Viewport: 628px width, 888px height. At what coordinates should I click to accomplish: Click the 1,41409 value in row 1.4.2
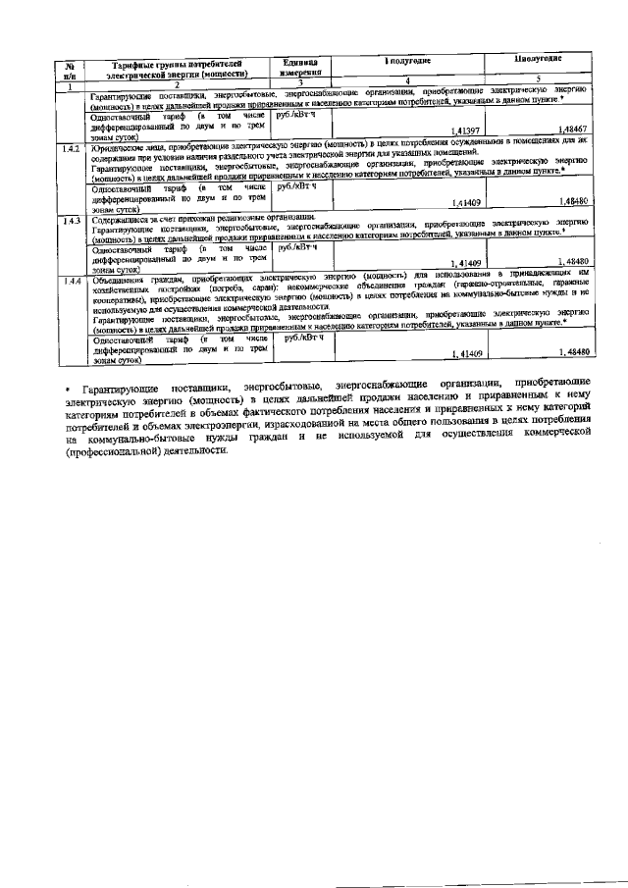463,202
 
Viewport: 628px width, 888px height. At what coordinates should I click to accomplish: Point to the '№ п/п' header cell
69,69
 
